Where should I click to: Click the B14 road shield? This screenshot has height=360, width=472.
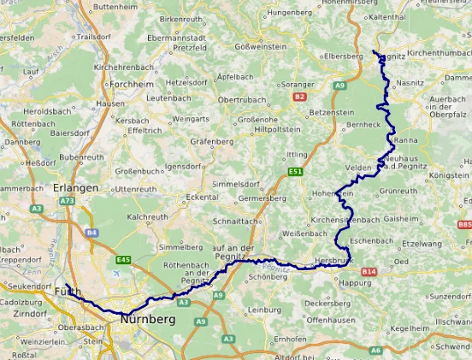tap(368, 272)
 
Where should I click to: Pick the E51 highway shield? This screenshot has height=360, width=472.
tap(296, 172)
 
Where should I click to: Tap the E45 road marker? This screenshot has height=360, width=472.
tap(123, 260)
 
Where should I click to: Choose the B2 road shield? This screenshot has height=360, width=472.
tap(299, 97)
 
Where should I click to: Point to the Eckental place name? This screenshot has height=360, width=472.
tap(202, 197)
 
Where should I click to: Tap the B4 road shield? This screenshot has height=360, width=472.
tap(92, 233)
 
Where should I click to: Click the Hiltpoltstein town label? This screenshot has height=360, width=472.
tap(279, 130)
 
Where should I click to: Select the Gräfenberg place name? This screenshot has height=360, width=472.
tap(212, 140)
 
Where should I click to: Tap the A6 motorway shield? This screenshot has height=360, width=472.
tap(377, 327)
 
